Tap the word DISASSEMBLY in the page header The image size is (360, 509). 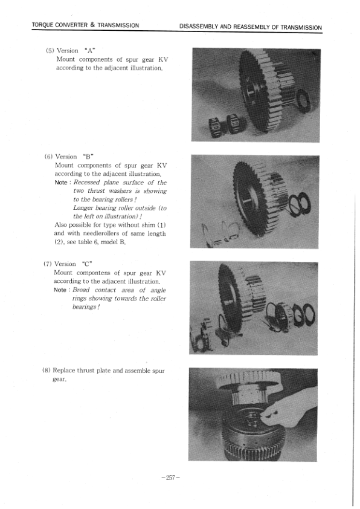click(201, 27)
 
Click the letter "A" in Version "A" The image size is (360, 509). click(94, 51)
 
